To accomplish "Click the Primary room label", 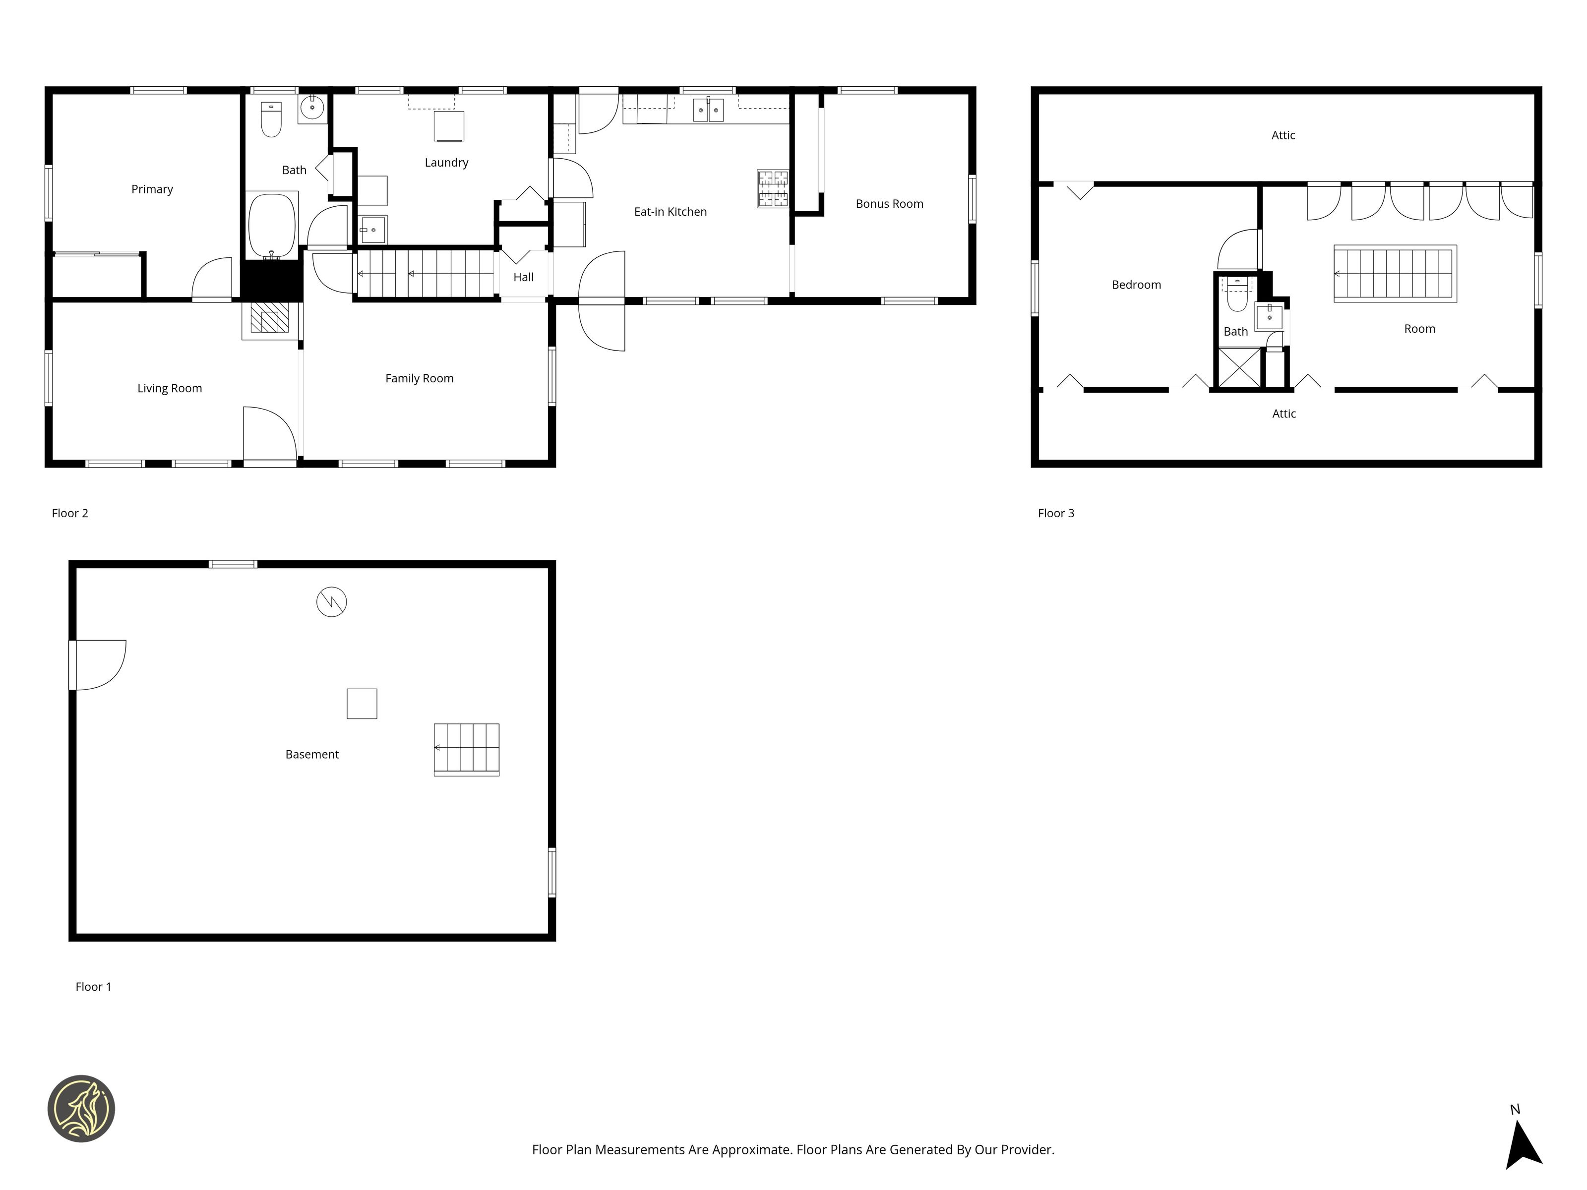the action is tap(152, 189).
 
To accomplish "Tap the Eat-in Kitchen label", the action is tap(670, 212).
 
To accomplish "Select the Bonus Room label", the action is tap(889, 204).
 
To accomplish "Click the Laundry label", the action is tap(446, 163).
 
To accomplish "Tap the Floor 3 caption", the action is tap(1056, 513).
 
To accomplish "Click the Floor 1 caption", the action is tap(93, 987).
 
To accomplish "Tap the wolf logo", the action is tap(81, 1108).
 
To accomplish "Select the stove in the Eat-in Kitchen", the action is tap(773, 188).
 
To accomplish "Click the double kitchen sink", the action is tap(708, 110).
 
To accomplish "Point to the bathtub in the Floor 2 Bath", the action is tap(272, 225).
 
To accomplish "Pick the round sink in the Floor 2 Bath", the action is tap(312, 108).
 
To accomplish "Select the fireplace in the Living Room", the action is tap(270, 318).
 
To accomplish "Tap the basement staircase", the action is tap(466, 750).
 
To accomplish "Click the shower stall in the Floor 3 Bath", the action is tap(1239, 368).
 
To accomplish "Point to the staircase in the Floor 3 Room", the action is tap(1395, 273).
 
